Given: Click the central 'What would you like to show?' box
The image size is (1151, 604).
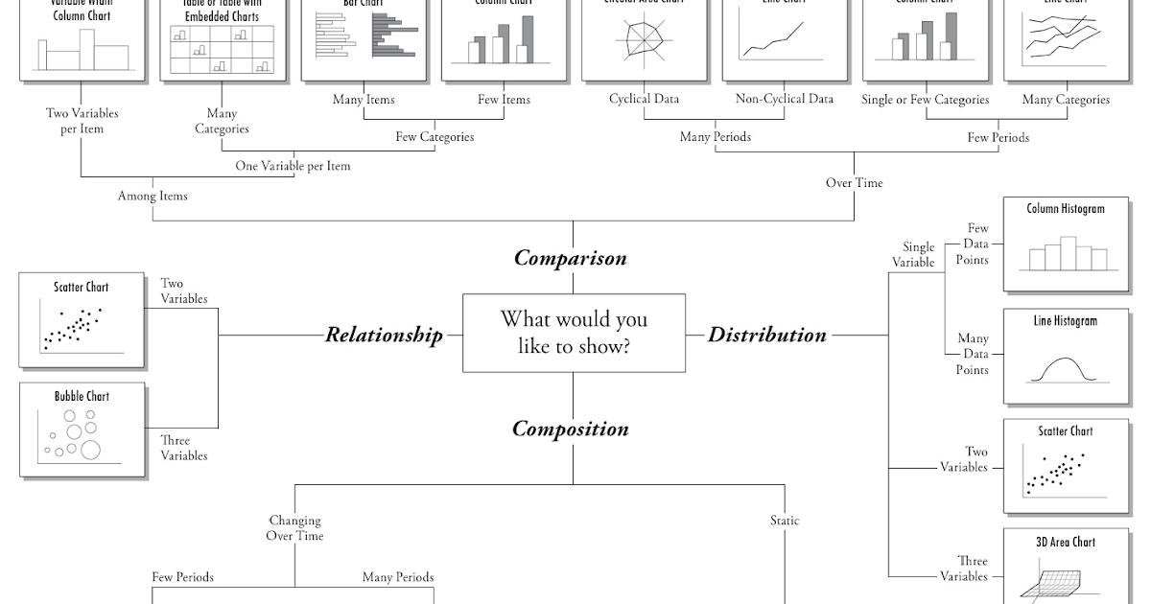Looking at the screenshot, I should [x=574, y=333].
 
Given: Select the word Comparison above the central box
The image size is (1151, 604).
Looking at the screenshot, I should [x=570, y=258].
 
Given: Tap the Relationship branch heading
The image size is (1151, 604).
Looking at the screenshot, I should [x=384, y=335].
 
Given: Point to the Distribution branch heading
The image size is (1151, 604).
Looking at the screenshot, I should [x=766, y=335].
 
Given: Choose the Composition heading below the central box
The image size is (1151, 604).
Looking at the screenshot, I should [x=570, y=429].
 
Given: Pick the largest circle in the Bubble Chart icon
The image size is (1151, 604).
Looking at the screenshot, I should [x=91, y=449].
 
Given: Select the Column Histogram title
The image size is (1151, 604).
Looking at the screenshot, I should [x=1065, y=209].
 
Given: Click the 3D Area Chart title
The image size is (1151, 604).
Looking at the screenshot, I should [x=1065, y=542].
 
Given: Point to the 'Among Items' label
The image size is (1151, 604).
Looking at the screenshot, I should [x=153, y=196].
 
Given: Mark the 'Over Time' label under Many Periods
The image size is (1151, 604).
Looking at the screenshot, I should [x=854, y=182].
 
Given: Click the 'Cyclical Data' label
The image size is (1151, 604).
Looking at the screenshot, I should [x=644, y=99].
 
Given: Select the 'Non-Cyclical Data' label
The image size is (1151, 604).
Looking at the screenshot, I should [x=784, y=99].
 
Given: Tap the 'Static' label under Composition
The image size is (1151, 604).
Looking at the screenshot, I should [x=784, y=521].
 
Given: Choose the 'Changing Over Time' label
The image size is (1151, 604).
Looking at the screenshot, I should [x=294, y=528].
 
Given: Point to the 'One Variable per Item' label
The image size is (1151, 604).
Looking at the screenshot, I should [x=293, y=166].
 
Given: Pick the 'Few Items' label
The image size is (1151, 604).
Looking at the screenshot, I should [x=504, y=99].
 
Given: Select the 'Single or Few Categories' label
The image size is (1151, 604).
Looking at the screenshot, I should [x=925, y=99].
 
